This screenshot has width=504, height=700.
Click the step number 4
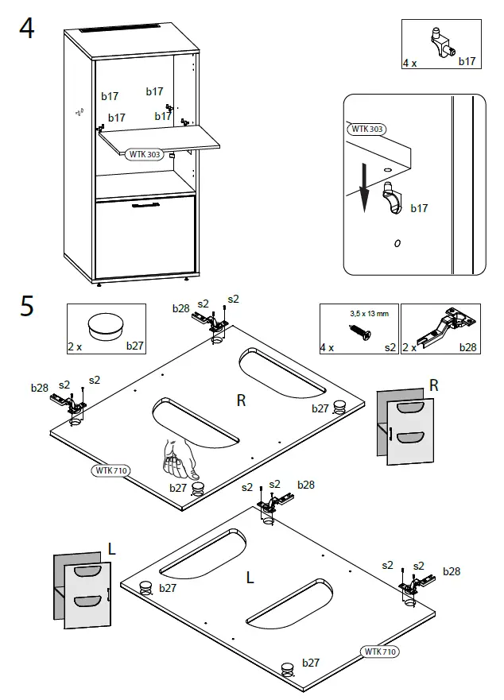tap(27, 29)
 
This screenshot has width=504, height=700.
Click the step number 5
tap(27, 306)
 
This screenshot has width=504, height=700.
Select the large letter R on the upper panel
tap(241, 400)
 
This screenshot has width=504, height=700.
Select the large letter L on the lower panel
tap(250, 578)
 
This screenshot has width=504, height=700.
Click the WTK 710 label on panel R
tap(110, 470)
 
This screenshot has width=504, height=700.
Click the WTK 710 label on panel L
tap(380, 652)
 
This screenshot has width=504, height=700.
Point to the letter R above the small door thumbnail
tap(434, 385)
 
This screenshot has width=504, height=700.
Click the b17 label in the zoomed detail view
tap(419, 208)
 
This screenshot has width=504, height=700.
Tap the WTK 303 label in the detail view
tap(366, 129)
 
